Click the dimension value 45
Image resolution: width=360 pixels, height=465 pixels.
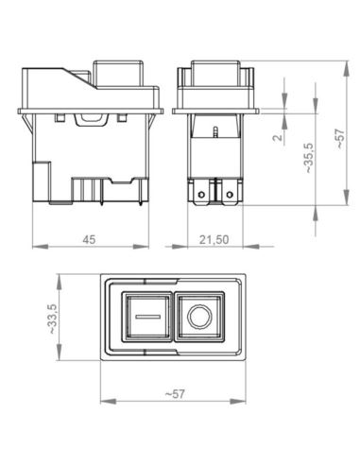coord(88,240)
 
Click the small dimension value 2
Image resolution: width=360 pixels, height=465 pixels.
coord(277,137)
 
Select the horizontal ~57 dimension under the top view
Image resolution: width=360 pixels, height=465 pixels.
coord(173,392)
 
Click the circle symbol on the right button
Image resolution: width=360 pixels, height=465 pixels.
coord(198,317)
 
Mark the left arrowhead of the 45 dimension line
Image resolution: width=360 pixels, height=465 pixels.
coord(36,249)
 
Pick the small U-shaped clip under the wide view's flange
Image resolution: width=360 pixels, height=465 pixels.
coord(91,119)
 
